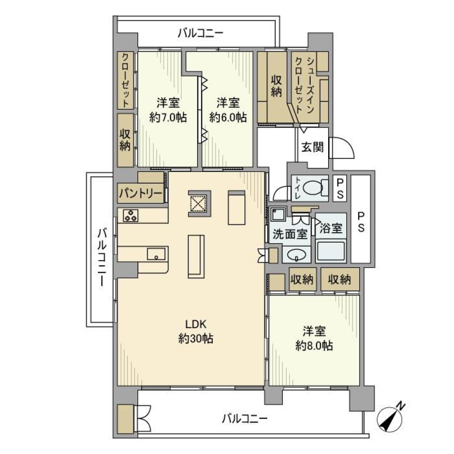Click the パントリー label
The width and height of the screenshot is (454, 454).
click(x=140, y=193)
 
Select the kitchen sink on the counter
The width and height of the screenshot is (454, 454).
click(x=156, y=254)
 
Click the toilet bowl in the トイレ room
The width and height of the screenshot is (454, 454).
click(x=313, y=188)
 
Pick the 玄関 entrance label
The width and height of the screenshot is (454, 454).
click(x=312, y=148)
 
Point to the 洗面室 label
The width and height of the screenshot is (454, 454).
click(x=289, y=234)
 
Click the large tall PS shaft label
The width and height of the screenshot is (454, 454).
click(x=361, y=221)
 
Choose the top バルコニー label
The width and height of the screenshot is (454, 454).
click(x=201, y=33)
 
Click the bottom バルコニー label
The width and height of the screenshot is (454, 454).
click(x=244, y=418)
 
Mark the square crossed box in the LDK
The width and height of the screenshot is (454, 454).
click(x=198, y=204)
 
